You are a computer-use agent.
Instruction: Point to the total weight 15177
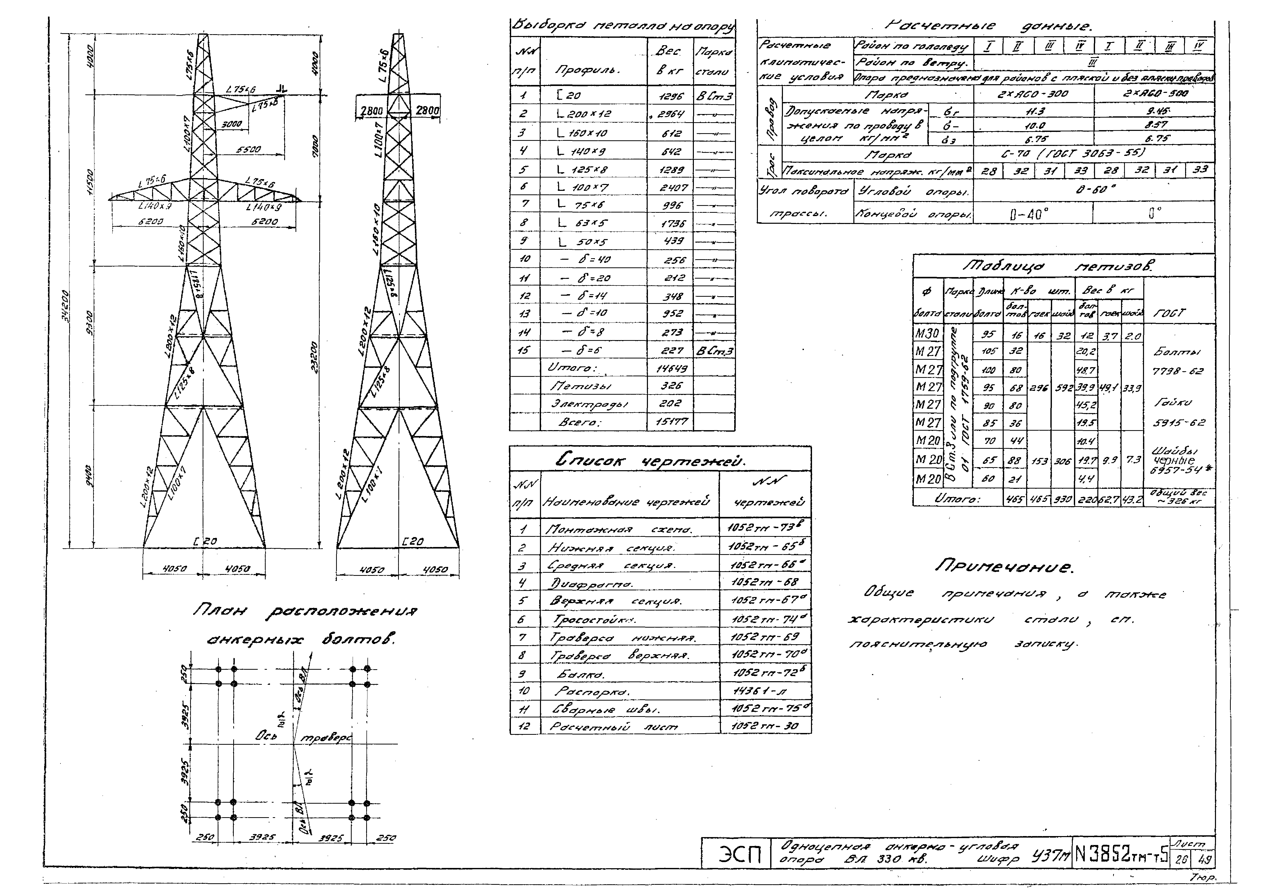coord(671,422)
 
